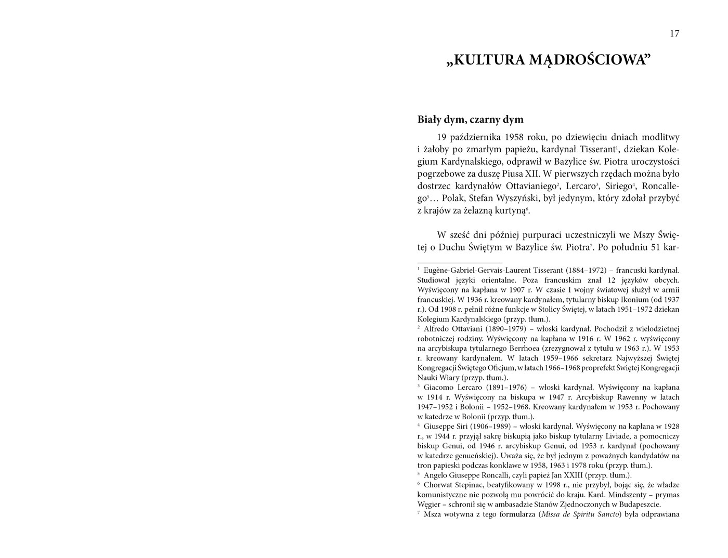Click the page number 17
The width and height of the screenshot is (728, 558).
pyautogui.click(x=674, y=34)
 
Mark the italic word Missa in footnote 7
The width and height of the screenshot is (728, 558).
pyautogui.click(x=551, y=515)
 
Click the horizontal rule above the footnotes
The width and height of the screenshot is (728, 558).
pyautogui.click(x=460, y=263)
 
